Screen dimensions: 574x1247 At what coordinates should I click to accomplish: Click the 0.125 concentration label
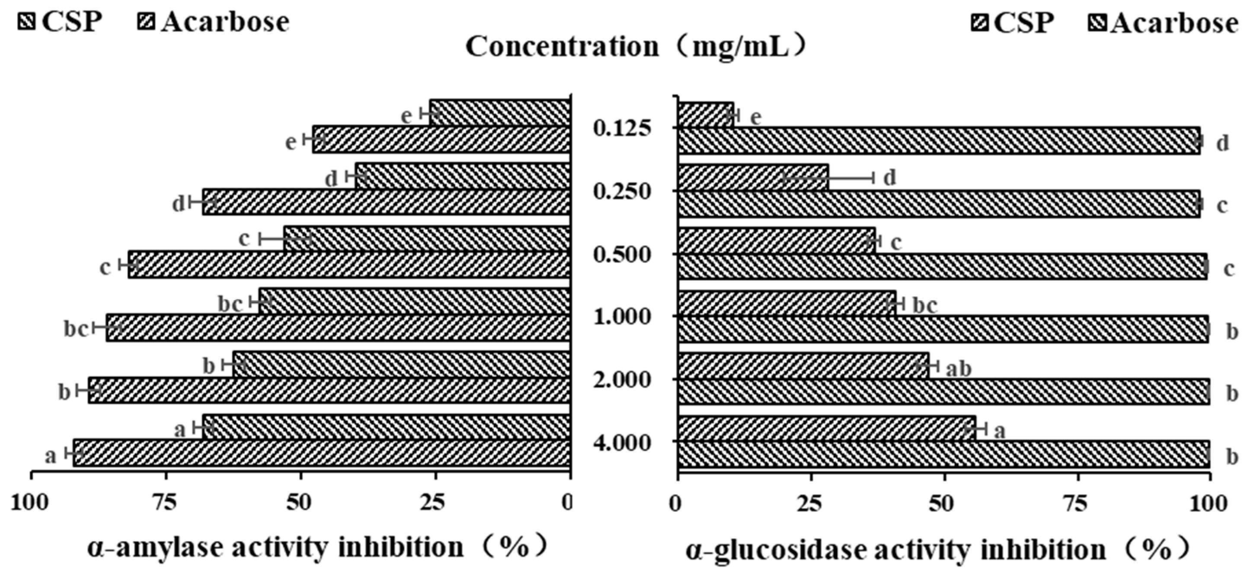pos(623,129)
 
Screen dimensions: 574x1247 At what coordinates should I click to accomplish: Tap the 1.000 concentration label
pos(623,317)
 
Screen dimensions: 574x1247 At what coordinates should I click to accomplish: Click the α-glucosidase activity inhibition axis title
pos(937,550)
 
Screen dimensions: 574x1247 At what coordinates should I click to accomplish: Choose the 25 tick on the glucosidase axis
pos(811,504)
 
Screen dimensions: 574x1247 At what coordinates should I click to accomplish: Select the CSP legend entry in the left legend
pos(61,22)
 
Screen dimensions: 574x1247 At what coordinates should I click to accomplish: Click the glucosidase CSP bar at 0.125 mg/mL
pos(706,115)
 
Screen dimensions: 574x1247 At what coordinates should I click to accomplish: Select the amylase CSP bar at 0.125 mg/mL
pos(499,113)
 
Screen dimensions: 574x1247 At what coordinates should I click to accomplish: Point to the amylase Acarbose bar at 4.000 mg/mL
pos(322,453)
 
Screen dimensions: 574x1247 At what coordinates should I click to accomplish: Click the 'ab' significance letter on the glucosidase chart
pos(959,369)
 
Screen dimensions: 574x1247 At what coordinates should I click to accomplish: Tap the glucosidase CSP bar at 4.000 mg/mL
pos(826,428)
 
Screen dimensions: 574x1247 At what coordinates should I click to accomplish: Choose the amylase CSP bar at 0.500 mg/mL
pos(426,239)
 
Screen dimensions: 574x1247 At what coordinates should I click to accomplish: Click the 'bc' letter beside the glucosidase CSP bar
pos(924,306)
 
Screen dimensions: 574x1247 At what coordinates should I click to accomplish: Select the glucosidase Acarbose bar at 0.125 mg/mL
pos(939,141)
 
